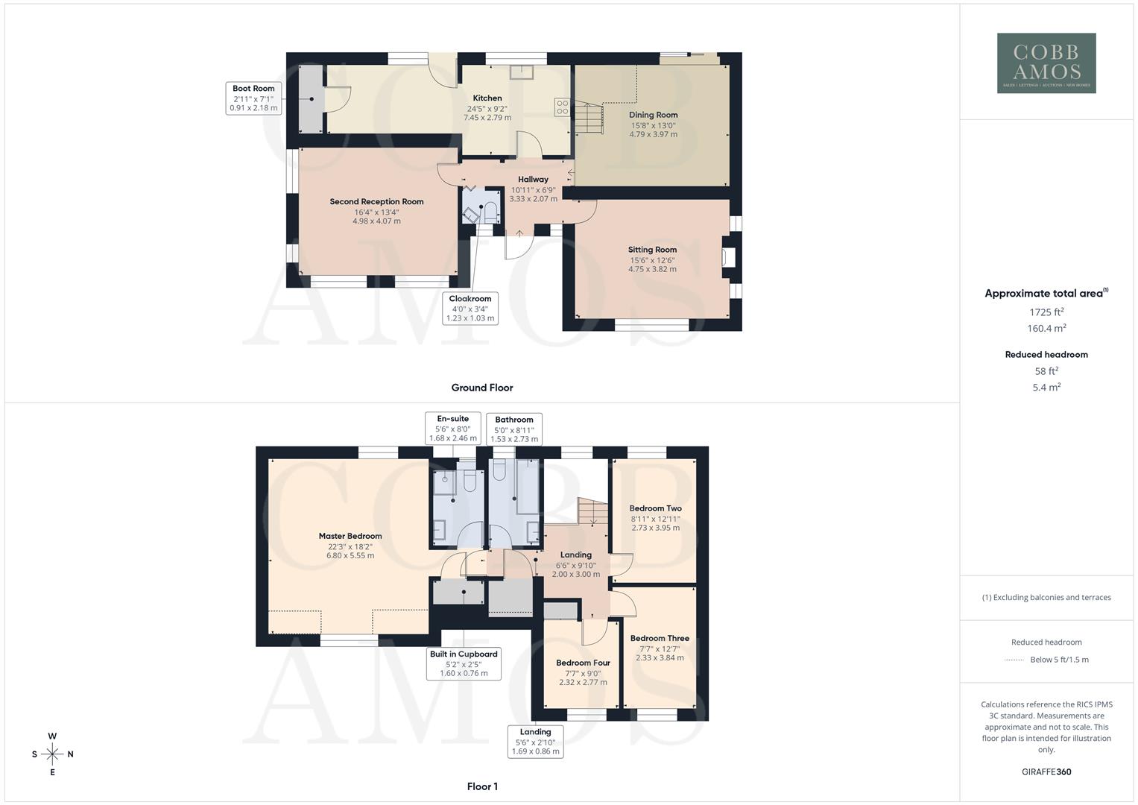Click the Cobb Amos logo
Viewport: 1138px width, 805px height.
1046,63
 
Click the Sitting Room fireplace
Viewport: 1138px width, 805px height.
729,257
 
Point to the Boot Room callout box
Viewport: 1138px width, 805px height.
253,98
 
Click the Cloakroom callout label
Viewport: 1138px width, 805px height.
470,308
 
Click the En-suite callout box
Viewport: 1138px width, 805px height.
452,429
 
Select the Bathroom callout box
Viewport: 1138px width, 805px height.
514,429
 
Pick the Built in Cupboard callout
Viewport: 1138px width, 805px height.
464,663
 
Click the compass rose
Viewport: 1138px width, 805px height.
52,754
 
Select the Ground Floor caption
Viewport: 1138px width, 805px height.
482,388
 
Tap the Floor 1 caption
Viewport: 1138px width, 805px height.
482,786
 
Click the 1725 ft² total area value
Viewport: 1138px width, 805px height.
1046,312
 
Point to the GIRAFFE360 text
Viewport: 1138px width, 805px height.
1046,771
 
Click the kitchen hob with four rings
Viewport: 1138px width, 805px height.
562,107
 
